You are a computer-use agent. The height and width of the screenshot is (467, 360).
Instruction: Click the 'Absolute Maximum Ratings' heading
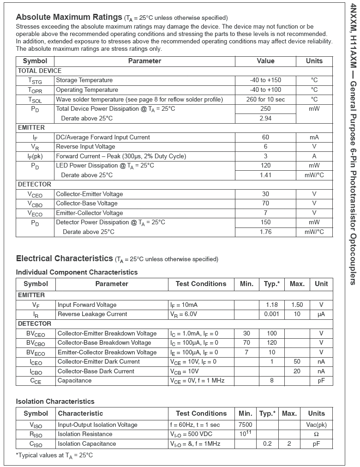pos(69,17)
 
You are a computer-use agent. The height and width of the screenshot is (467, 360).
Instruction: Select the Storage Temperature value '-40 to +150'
pos(265,80)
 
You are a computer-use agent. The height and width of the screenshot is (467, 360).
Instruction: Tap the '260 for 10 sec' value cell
pos(265,99)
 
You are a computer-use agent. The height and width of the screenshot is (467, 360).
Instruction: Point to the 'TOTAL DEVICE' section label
pos(39,71)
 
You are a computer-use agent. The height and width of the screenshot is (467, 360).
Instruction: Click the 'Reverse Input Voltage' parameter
pos(85,147)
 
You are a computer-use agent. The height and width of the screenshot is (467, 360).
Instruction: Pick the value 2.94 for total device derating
pos(265,118)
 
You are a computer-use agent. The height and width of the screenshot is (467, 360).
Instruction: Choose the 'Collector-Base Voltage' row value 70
pos(265,204)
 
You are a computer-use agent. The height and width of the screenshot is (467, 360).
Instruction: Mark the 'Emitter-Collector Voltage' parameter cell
pos(89,213)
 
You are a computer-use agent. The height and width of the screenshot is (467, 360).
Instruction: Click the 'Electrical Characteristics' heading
pos(65,258)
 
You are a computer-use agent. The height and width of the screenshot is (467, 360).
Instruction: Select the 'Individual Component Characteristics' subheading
pos(77,272)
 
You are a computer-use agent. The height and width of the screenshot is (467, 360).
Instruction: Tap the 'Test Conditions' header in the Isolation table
pos(201,413)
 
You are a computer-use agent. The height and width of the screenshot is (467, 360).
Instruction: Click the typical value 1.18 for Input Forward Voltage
pos(272,305)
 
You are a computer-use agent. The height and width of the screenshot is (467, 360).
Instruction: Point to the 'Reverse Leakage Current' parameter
pos(92,314)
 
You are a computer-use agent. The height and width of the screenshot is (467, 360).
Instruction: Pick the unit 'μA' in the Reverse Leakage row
pos(321,314)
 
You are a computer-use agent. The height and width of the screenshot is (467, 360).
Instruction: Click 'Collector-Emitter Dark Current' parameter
pos(99,362)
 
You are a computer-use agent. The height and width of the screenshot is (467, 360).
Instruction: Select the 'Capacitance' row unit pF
pos(321,381)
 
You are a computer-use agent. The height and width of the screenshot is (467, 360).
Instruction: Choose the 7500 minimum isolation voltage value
pos(245,425)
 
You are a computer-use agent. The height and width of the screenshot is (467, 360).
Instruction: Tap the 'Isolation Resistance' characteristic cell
pos(85,434)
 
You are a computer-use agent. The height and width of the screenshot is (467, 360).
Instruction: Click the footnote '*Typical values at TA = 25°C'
pos(54,455)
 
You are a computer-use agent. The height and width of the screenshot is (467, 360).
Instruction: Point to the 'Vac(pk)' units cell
pos(316,425)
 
